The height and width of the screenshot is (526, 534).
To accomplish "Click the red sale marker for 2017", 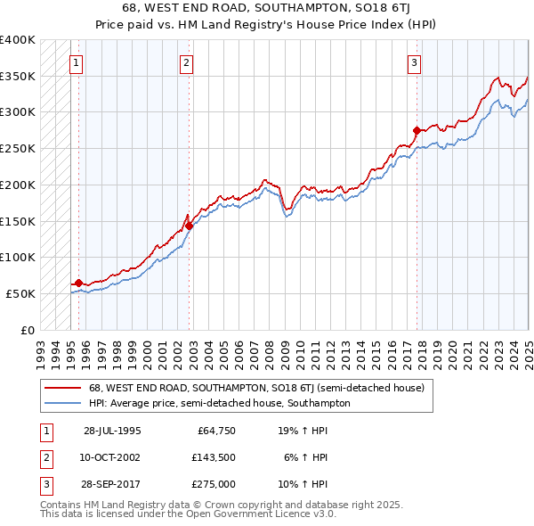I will (417, 130).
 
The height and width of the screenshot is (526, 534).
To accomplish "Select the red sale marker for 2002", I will (189, 226).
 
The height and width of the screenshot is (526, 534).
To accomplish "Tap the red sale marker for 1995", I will (78, 283).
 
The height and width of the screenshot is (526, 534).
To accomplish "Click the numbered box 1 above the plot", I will (77, 62).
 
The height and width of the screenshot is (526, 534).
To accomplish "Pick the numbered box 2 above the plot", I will (186, 62).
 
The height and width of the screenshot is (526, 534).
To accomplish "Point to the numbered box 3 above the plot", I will (415, 62).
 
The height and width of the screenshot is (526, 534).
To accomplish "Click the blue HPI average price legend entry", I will (219, 403).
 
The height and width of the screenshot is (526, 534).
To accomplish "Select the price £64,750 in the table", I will (214, 431).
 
